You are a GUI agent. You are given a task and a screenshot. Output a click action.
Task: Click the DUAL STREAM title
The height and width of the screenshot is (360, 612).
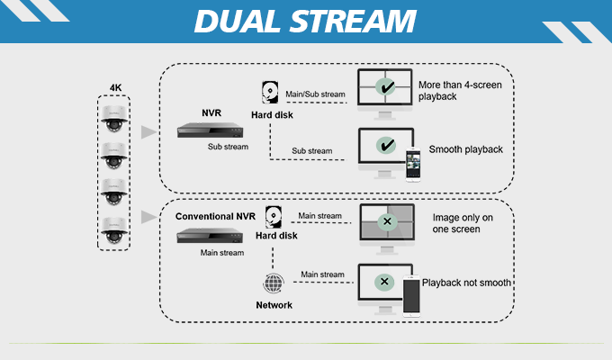point(305,21)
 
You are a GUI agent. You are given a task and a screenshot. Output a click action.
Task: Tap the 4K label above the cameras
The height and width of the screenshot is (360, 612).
point(115,87)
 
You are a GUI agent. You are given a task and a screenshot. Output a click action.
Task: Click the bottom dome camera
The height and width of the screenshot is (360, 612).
point(115,229)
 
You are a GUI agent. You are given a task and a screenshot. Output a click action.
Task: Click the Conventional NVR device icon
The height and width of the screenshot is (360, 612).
point(211,236)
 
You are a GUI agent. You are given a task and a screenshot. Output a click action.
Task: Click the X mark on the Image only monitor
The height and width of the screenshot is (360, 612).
point(386,221)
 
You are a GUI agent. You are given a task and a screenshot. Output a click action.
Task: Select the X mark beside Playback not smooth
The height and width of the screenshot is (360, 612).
point(385,282)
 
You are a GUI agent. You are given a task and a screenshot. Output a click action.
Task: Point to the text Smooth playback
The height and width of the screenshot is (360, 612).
point(466,149)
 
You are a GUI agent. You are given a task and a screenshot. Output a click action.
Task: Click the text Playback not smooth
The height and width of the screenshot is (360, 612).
point(467,283)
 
